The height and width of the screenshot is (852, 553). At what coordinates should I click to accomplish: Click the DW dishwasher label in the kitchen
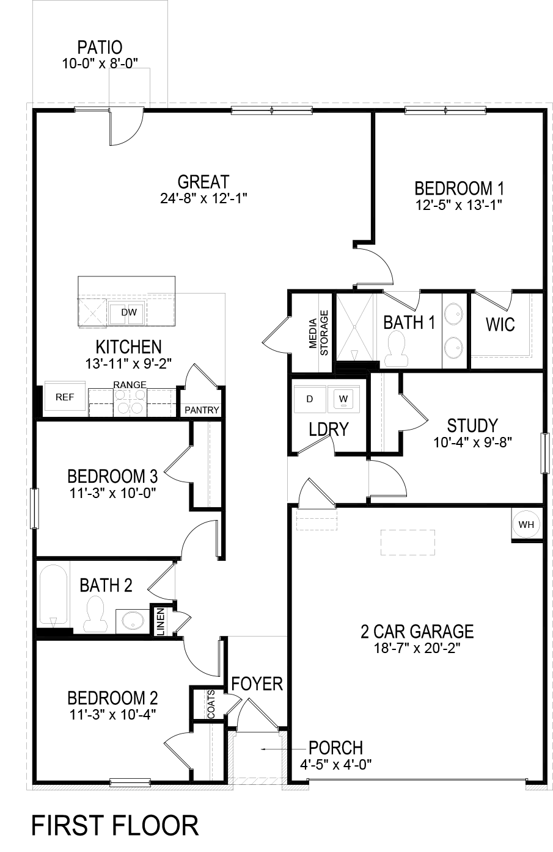pos(128,312)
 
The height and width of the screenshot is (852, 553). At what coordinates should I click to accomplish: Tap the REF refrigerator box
pos(64,397)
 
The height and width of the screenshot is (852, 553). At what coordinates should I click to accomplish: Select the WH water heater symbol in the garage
pos(526,524)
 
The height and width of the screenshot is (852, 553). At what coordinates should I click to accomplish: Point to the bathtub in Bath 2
pos(53,596)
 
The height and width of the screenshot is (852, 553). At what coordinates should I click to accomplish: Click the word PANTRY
pos(202,410)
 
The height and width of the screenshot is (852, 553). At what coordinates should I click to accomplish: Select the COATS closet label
pos(211,704)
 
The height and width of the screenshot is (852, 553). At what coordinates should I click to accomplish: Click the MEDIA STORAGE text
pos(318,333)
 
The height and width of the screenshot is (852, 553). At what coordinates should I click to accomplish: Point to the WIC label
pos(500,325)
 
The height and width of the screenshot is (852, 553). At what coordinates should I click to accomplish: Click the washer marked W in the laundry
pos(343,399)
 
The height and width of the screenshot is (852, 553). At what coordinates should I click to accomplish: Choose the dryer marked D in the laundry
pos(310,399)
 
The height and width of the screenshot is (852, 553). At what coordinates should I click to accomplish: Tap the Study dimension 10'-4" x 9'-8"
pos(472,442)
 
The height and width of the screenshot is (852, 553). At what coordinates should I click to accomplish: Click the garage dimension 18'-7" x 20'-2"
pos(417,648)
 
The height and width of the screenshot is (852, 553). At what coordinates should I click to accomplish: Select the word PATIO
pos(100,47)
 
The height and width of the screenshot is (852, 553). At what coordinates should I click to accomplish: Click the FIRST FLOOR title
pos(115,826)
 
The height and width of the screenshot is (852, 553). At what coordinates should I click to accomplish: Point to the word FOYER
pos(257,684)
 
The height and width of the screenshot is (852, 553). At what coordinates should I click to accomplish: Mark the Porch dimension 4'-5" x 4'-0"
pos(336,764)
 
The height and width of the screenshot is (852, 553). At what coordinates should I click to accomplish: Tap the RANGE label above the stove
pos(130,384)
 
